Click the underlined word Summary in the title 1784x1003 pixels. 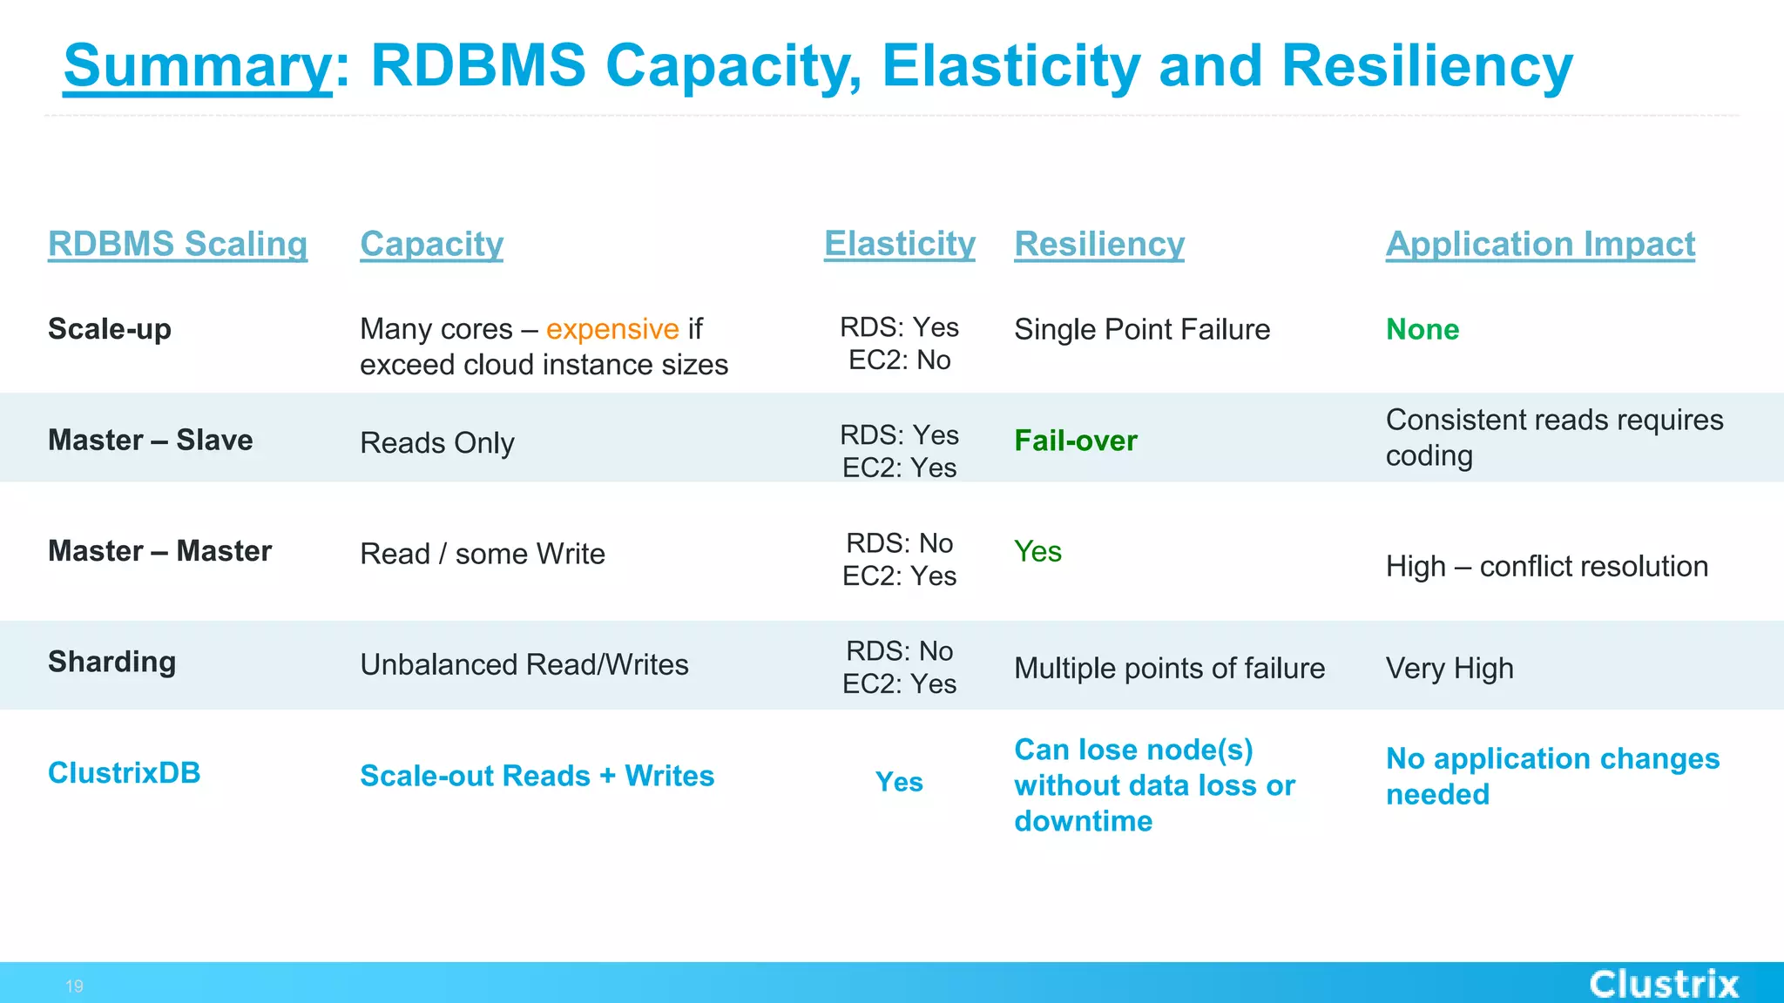coord(198,66)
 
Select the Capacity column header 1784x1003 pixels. coord(431,244)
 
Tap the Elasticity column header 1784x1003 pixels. coord(899,244)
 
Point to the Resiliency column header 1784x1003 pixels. coord(1098,244)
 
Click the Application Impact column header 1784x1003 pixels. coord(1539,244)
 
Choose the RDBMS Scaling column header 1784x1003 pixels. coord(178,244)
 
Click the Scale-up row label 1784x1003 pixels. coord(110,329)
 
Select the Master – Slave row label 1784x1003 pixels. coord(150,440)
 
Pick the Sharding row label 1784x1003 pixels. coord(111,662)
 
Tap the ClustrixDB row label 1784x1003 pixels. coord(124,772)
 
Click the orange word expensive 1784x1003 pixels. coord(612,329)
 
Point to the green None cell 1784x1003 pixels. coord(1422,329)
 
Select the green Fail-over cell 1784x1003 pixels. coord(1075,441)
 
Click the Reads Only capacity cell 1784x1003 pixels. coord(436,442)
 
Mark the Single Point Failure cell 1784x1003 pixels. coord(1141,329)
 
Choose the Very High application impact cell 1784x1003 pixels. coord(1449,668)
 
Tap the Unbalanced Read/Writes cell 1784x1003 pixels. coord(524,664)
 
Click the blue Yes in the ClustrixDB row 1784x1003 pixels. coord(899,782)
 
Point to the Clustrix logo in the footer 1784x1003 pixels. coord(1663,984)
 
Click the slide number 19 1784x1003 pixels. coord(74,986)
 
